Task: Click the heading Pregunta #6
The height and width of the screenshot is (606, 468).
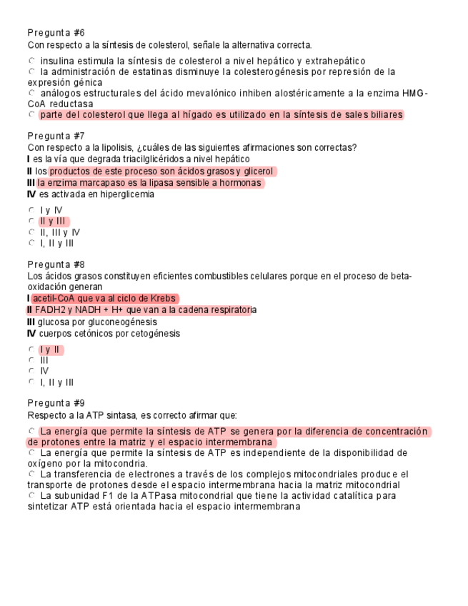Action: point(56,33)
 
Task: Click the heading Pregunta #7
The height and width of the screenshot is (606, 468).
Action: point(56,136)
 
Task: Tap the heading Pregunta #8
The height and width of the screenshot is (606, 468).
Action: point(56,264)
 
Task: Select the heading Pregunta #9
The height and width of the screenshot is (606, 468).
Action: point(56,403)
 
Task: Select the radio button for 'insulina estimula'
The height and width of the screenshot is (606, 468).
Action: point(31,61)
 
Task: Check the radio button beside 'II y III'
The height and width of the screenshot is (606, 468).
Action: point(31,221)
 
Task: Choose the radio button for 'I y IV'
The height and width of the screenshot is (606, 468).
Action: point(31,209)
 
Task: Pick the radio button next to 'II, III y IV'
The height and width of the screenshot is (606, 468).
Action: point(31,232)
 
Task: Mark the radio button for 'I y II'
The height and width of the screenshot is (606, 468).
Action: point(31,349)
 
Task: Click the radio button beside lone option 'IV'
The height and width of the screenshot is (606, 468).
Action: point(31,371)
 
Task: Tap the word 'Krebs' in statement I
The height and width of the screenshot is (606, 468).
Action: point(163,298)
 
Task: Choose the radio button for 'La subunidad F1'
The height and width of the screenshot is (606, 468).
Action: point(31,495)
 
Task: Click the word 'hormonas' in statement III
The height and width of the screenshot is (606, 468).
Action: point(241,183)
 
